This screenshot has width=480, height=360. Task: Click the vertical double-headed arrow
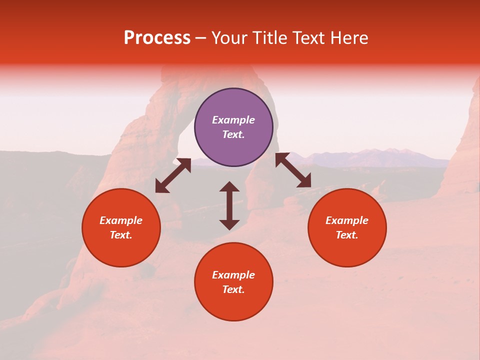point(229,205)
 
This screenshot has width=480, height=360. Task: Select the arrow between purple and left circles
point(173,175)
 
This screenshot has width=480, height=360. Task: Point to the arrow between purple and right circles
point(293,170)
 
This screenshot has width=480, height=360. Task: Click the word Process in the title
point(157,38)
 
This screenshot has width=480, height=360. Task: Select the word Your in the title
point(229,38)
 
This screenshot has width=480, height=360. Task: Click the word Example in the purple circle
point(233,120)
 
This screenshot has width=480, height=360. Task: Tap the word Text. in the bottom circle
point(233,289)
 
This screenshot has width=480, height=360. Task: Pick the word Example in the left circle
point(121,220)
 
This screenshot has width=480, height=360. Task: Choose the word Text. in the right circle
point(347,235)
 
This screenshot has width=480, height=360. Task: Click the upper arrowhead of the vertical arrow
point(229,186)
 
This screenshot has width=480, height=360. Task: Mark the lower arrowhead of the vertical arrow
point(229,224)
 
